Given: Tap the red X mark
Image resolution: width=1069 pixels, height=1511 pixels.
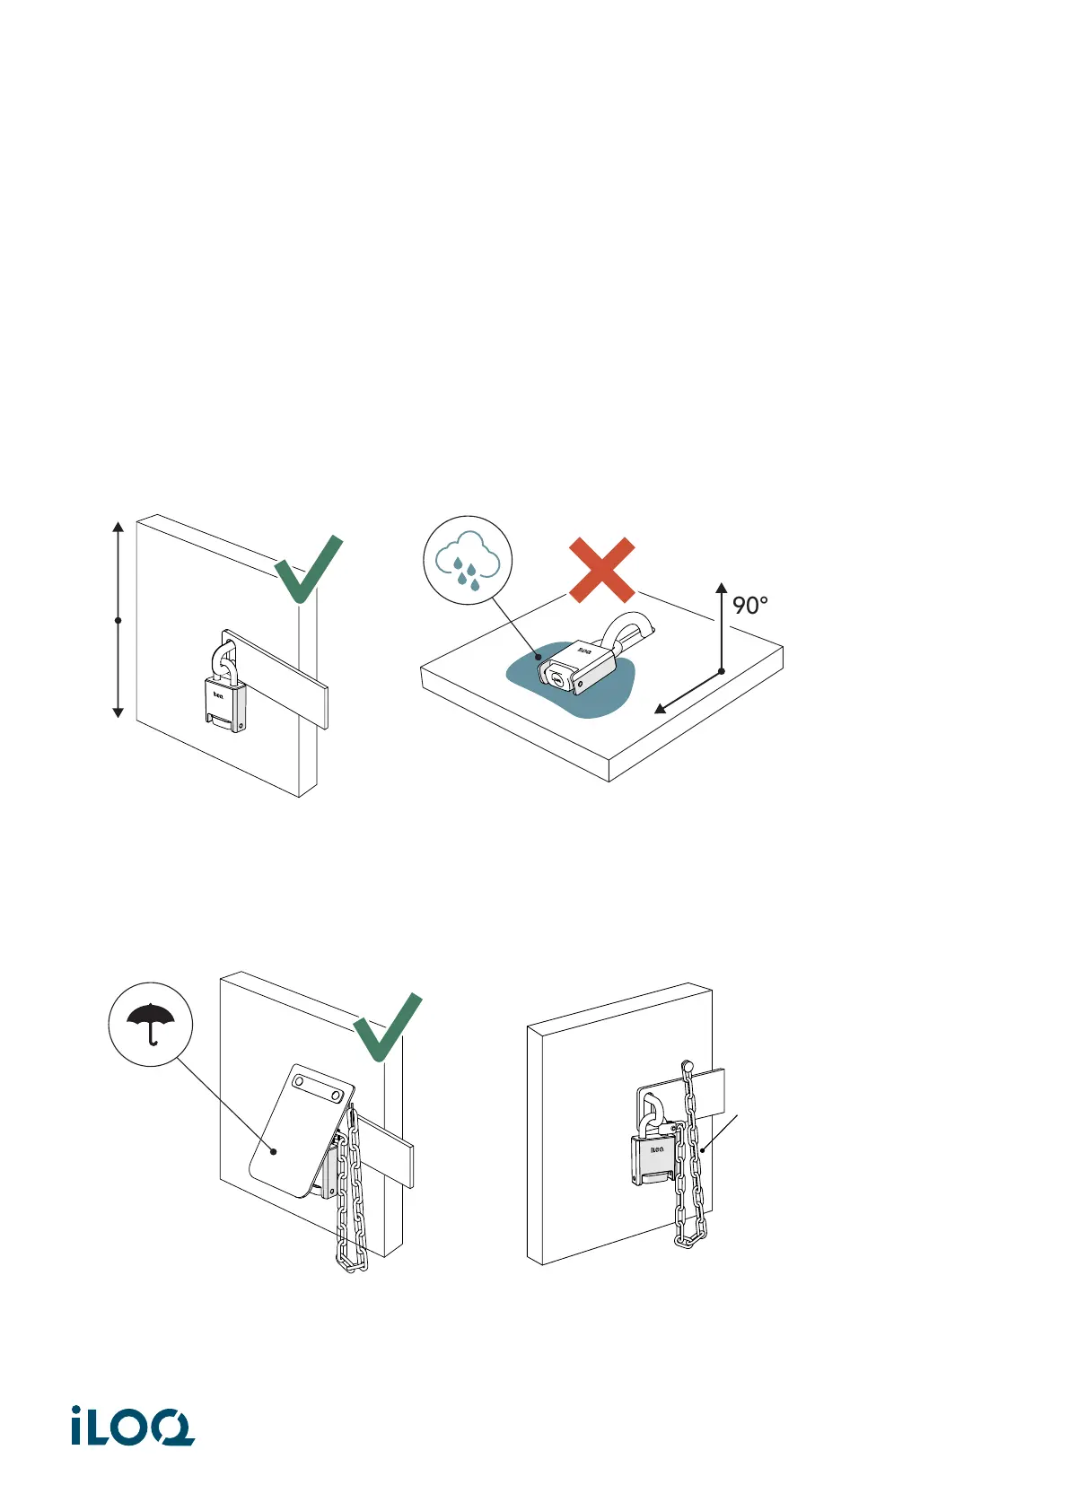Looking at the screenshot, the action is click(x=602, y=571).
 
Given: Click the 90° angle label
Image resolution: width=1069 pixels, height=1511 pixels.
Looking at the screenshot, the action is click(x=750, y=606).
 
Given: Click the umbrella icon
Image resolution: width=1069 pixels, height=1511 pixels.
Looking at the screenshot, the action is click(x=151, y=1023).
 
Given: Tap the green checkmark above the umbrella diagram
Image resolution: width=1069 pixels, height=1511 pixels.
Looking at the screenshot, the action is click(x=387, y=1027).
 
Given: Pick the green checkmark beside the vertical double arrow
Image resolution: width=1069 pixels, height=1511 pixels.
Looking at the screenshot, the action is click(x=308, y=570).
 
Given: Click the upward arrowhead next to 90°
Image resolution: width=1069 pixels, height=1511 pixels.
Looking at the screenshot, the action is click(x=721, y=590).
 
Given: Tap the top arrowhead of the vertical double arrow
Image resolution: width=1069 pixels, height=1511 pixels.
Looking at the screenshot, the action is click(x=118, y=528).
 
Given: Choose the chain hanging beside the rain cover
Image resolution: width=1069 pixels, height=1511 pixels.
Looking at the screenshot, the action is click(x=351, y=1193).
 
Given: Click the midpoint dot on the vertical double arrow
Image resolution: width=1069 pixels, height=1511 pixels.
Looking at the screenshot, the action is click(x=118, y=620).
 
